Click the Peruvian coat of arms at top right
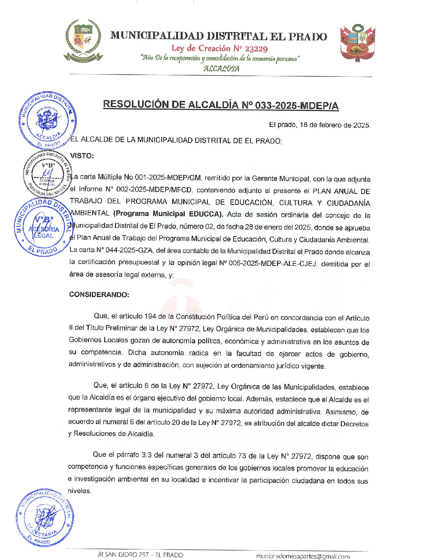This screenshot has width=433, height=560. [x=357, y=43]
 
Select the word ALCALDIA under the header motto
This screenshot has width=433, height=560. [x=221, y=69]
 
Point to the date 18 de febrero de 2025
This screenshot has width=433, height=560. [x=335, y=125]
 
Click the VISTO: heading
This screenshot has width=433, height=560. [x=82, y=156]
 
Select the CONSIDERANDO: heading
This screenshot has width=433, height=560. [x=99, y=294]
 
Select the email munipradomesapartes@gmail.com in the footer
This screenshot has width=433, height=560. [x=303, y=556]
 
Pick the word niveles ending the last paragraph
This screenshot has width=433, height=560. [x=80, y=491]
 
